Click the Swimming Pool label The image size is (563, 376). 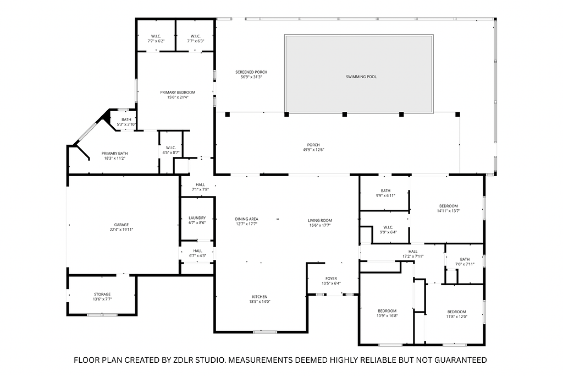(x=361, y=77)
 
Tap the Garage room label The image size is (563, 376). (x=122, y=225)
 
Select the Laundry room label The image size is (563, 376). (x=197, y=218)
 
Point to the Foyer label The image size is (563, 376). (x=331, y=279)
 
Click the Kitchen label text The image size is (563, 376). (x=260, y=297)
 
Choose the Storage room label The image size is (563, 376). (x=102, y=295)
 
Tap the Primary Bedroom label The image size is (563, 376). (x=178, y=92)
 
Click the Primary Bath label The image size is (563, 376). (x=114, y=154)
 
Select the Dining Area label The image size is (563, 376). (x=247, y=219)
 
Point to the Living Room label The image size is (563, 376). (x=320, y=220)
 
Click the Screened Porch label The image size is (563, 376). (x=251, y=72)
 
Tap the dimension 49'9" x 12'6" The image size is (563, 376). (x=313, y=150)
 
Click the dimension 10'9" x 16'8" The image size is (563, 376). (x=387, y=316)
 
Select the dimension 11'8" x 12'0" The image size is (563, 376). (x=457, y=317)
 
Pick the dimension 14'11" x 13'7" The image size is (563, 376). (x=449, y=211)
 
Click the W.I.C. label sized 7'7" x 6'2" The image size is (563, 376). (x=156, y=39)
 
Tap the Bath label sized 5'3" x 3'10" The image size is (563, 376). (x=126, y=122)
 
